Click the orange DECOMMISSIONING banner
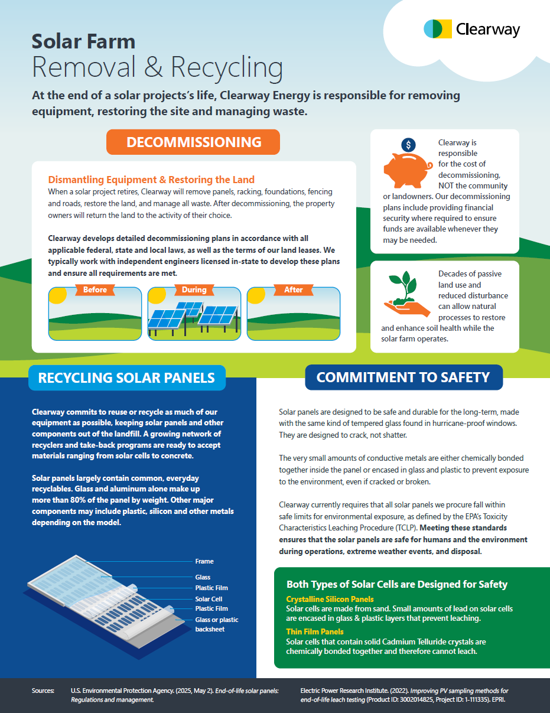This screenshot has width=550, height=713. click(194, 142)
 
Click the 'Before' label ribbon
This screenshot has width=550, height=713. click(95, 290)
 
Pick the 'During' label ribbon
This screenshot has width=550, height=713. click(194, 290)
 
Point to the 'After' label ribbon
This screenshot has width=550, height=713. click(293, 290)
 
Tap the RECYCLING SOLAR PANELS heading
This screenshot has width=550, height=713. click(126, 377)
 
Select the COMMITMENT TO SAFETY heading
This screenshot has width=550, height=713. click(403, 377)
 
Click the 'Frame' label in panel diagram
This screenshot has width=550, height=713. click(204, 561)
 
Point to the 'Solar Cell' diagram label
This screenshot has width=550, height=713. click(209, 598)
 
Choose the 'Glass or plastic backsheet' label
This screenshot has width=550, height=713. click(217, 624)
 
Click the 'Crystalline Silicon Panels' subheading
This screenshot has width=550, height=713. click(330, 600)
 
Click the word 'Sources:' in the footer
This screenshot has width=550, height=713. click(43, 691)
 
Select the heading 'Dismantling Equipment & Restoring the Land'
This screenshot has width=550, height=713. click(151, 180)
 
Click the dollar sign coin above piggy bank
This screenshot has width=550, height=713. click(408, 145)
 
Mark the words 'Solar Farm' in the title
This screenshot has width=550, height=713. click(83, 41)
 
